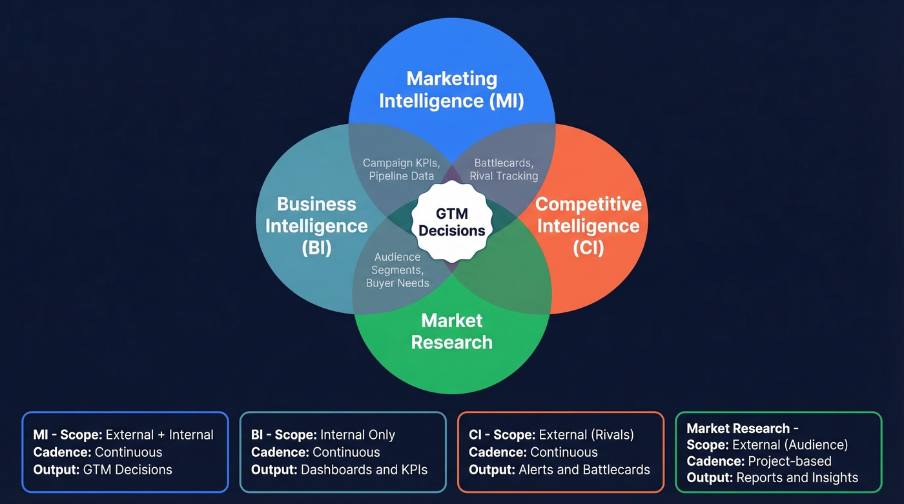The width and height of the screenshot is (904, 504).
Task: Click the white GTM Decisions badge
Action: coord(452,222)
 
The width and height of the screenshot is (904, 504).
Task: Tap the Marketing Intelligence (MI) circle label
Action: coord(451,90)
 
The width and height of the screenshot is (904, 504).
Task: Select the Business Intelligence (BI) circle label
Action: coord(316,226)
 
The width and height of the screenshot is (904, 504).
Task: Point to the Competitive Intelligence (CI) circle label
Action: coord(588,226)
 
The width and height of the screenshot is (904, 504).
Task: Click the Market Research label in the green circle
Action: coord(452,331)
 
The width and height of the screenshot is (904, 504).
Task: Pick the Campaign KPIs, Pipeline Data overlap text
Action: coord(402,169)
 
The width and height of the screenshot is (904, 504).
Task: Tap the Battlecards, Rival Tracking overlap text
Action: coord(504,169)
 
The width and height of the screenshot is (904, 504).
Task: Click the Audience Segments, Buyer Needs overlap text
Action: coord(398,270)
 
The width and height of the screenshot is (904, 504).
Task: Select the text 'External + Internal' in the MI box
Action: coord(159,435)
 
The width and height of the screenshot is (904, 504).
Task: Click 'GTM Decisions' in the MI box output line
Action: coord(128,469)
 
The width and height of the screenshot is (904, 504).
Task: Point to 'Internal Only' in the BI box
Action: coord(358,435)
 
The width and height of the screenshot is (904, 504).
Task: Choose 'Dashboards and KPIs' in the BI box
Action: coord(364,469)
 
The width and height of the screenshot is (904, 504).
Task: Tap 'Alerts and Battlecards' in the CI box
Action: coord(584,469)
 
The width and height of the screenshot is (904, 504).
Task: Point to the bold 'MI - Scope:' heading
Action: coord(67,435)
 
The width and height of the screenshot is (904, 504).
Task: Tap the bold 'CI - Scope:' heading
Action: coord(502,435)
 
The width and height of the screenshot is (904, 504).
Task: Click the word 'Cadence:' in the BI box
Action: coord(280,452)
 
